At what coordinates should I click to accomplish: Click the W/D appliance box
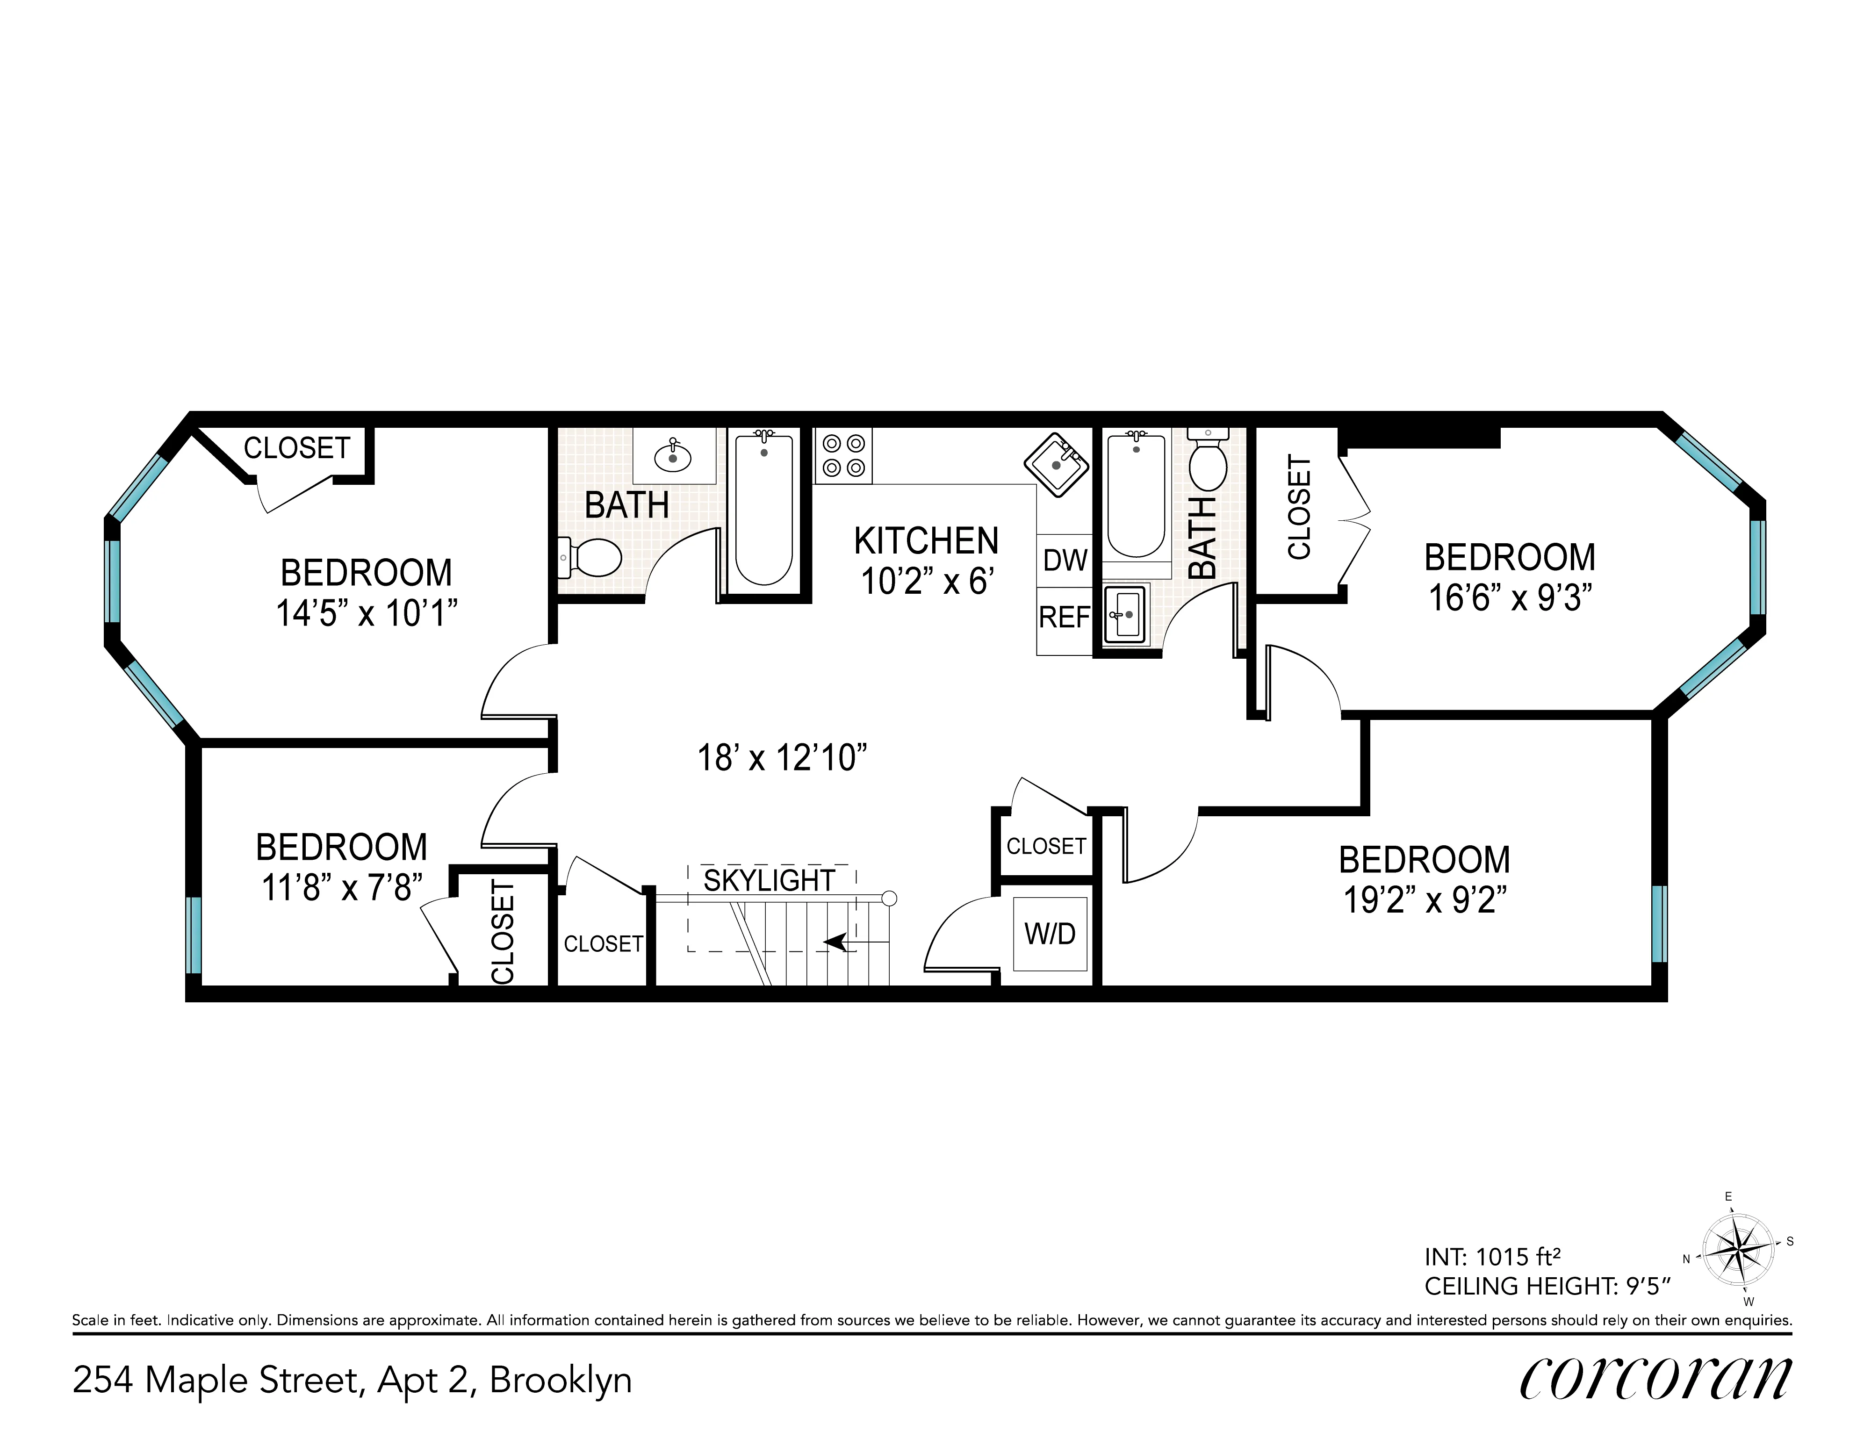coord(1051,934)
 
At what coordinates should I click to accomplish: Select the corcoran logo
coord(1655,1377)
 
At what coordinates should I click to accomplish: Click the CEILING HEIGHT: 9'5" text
coord(1547,1286)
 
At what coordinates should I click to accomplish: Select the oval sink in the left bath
coord(673,457)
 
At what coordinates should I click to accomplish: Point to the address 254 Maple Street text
coord(351,1380)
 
